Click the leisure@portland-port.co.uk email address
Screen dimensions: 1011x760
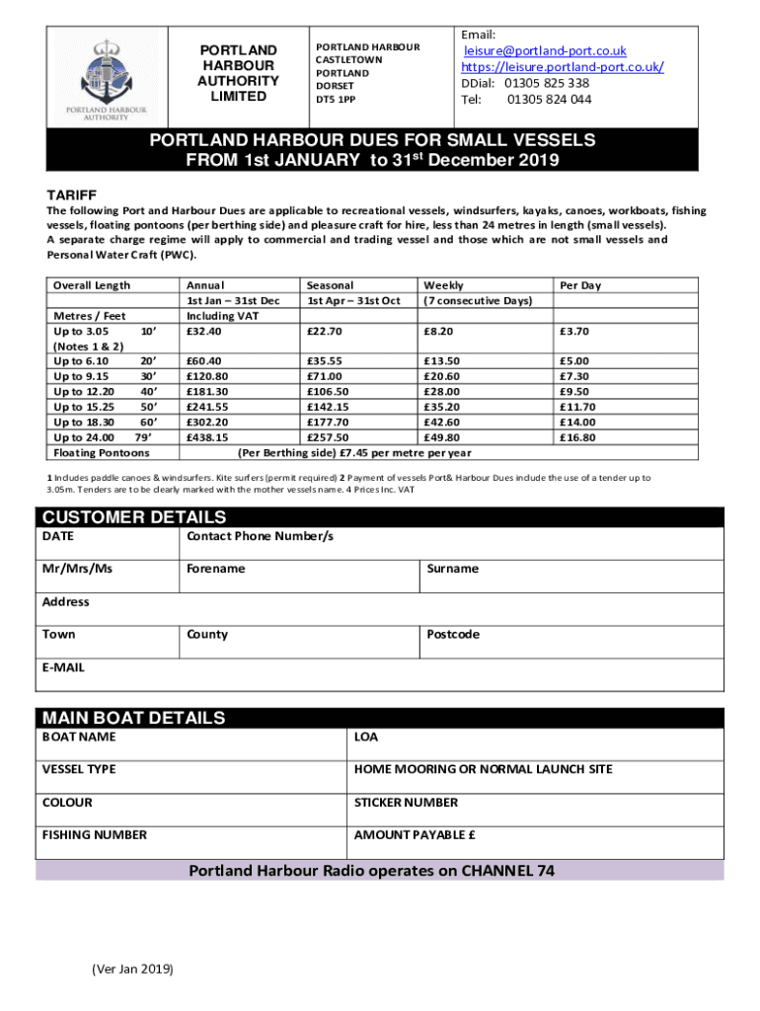[x=546, y=50]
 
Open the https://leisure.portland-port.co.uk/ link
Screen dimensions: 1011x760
[x=563, y=66]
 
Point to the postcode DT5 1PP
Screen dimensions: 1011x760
[x=338, y=99]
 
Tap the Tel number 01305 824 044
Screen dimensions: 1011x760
[x=550, y=99]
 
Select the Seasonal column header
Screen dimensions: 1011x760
[x=330, y=285]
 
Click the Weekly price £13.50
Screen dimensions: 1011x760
[x=440, y=361]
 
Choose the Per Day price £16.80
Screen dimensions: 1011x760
[x=577, y=437]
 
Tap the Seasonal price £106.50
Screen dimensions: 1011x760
[x=329, y=392]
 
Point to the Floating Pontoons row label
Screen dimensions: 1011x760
[x=102, y=453]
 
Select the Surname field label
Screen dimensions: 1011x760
[x=453, y=569]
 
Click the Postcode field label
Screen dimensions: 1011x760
[x=454, y=635]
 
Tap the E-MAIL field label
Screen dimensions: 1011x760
[x=63, y=667]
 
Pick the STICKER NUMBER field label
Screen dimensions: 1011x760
[x=407, y=803]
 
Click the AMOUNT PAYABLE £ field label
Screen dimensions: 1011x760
[x=416, y=835]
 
